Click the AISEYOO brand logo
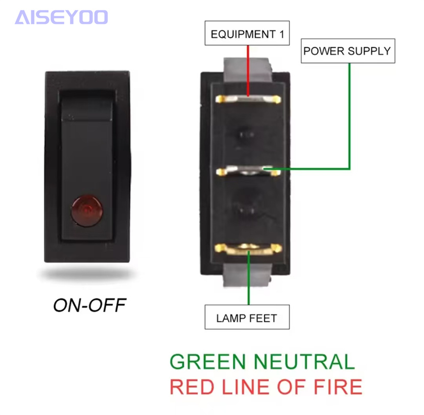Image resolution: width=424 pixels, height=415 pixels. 61,17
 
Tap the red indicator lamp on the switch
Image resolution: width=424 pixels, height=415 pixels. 87,210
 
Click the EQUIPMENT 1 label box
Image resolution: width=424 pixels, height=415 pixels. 247,33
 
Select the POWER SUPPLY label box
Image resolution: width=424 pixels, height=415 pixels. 348,51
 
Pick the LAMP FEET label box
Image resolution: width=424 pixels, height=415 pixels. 247,317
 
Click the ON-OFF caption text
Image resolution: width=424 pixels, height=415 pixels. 90,305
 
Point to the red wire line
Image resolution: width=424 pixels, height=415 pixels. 248,71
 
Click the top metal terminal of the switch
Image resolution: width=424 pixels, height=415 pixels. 248,99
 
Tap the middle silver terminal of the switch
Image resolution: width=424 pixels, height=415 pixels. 248,171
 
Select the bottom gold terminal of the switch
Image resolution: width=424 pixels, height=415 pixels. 248,249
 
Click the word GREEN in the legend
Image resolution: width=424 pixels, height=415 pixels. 208,362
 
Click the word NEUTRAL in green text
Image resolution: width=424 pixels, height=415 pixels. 304,362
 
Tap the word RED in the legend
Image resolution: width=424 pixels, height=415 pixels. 192,387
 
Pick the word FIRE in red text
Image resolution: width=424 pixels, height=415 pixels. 338,387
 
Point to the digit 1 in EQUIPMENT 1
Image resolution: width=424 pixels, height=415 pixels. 282,34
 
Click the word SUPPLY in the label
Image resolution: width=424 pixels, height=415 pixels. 369,51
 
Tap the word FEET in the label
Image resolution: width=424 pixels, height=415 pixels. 263,318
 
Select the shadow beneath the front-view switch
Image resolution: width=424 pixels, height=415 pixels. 87,274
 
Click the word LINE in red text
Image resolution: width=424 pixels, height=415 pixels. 245,387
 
